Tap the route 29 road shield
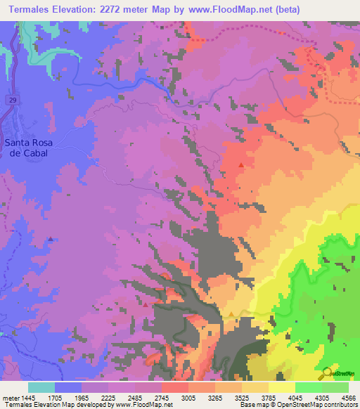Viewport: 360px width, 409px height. pos(13,101)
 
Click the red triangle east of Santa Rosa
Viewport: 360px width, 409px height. pos(241,165)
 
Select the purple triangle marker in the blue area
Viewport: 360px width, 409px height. pos(51,239)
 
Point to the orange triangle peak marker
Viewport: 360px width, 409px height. pos(231,313)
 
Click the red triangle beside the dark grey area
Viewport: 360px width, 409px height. pos(146,304)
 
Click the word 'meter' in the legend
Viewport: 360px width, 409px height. pos(9,396)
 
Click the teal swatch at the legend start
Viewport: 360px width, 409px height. pos(41,387)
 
